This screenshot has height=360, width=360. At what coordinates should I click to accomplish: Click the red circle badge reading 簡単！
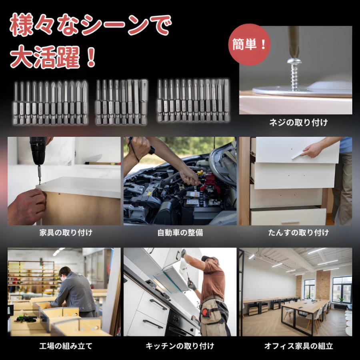(x=250, y=44)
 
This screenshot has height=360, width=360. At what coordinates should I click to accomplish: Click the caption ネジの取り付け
(x=298, y=123)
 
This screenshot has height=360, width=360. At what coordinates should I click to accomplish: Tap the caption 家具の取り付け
(x=66, y=232)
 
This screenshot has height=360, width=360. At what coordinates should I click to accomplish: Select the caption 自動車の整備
(x=180, y=232)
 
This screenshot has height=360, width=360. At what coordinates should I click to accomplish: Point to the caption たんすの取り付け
(x=298, y=232)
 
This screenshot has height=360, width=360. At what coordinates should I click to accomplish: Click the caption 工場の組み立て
(x=66, y=346)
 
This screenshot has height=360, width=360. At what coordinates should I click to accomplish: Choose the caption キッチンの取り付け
(x=180, y=346)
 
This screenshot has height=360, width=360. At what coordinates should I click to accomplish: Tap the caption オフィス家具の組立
(x=298, y=346)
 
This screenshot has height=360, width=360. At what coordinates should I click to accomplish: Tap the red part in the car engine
(x=208, y=182)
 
